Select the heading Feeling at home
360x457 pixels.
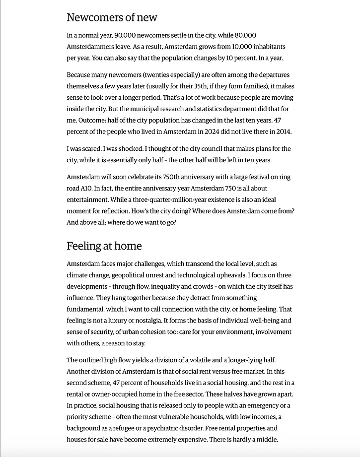click(x=104, y=246)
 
